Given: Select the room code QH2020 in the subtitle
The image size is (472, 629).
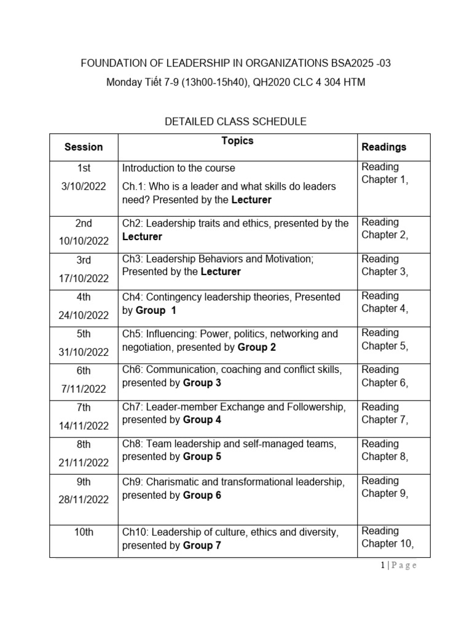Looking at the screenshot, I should tap(260, 82).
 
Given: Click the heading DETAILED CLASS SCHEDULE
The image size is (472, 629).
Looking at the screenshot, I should tap(235, 122).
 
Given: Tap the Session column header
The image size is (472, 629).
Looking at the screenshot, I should tap(84, 147).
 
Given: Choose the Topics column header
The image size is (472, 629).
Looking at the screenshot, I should tap(237, 141).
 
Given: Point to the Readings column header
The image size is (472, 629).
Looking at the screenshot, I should tap(383, 147).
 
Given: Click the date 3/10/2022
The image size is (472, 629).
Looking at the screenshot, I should tap(84, 186).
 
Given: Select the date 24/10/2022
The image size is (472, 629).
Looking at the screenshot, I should tap(84, 315).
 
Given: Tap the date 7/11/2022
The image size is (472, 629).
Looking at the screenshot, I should tap(84, 389).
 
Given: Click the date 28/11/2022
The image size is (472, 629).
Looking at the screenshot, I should tap(84, 499).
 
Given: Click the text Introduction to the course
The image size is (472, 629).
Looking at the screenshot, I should tap(178, 168).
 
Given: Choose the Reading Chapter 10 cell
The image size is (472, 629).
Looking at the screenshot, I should tap(387, 537).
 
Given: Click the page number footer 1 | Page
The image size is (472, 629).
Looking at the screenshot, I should tap(398, 566).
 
